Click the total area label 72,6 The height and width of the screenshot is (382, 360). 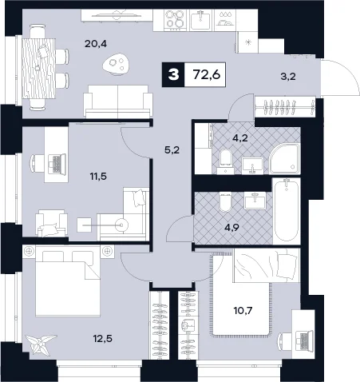tap(207, 74)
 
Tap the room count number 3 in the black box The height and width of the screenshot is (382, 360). tap(173, 75)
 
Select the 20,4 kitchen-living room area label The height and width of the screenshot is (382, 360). tap(96, 44)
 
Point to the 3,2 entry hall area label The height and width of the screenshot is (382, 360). tap(288, 77)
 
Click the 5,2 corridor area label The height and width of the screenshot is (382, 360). tap(172, 150)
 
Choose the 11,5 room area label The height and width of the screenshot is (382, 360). tap(98, 176)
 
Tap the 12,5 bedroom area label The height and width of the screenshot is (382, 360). tap(102, 339)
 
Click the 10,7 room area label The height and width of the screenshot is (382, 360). tap(243, 310)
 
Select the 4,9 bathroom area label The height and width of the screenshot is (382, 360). tap(231, 228)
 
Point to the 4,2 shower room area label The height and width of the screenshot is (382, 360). tap(239, 137)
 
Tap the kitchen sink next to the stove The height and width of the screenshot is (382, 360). tap(200, 20)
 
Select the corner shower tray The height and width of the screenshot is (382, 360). tap(284, 159)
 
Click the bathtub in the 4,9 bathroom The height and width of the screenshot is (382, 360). tap(287, 211)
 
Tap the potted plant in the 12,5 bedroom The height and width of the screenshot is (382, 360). tap(40, 344)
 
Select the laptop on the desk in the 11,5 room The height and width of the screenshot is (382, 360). tap(57, 165)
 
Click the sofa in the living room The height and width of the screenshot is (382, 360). tap(118, 101)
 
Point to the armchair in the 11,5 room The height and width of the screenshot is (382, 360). tap(51, 223)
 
